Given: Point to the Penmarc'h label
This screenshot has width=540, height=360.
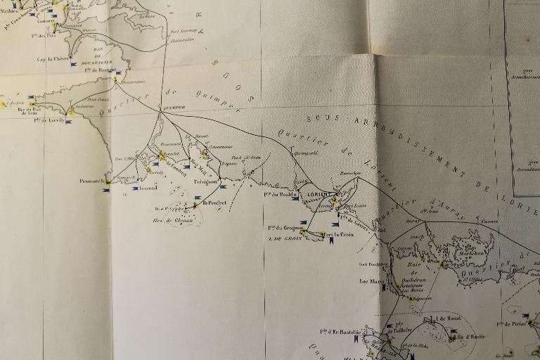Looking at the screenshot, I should tap(91, 181).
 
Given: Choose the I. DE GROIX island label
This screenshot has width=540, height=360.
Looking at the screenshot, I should tap(285, 238).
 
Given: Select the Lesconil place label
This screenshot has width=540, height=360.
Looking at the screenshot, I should tap(148, 188).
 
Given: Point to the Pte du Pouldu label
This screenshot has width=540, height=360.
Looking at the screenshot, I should tap(281, 195).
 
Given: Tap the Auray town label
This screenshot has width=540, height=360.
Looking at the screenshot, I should tap(413, 221).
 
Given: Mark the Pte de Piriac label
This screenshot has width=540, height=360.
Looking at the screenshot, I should tap(513, 324).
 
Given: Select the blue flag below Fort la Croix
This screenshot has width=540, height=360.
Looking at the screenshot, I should tap(330, 241).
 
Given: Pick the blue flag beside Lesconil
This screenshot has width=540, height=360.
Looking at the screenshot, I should tap(134, 188).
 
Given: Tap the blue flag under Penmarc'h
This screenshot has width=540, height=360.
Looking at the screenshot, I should tap(106, 190).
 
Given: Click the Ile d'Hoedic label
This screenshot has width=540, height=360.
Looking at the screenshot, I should tap(470, 337).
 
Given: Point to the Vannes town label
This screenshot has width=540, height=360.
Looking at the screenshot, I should tap(489, 221).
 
